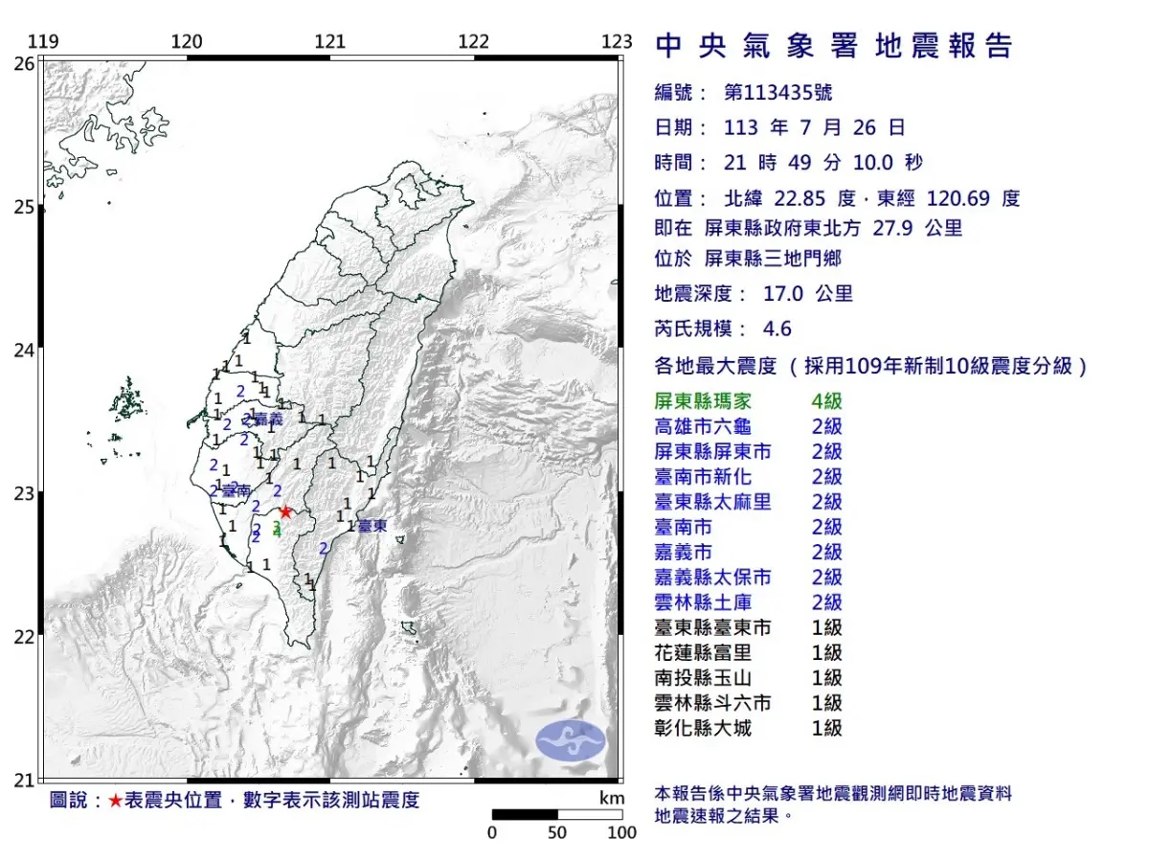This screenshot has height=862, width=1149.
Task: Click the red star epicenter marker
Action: pos(284,511)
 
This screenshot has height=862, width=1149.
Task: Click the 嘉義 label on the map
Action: pos(267,420)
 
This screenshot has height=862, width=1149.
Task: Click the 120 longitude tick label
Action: pos(186,41)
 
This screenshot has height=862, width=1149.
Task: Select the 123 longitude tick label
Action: pos(618,41)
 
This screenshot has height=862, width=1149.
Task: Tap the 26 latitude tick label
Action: pos(25,64)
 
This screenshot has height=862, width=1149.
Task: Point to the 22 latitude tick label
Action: pos(25,637)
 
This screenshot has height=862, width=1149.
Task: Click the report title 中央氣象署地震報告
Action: pos(834,46)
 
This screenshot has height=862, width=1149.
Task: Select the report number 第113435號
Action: pos(777,93)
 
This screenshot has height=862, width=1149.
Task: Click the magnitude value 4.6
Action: pos(777,329)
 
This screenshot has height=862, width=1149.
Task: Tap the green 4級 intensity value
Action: pos(826,401)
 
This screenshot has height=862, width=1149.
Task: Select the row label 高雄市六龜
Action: pos(702,426)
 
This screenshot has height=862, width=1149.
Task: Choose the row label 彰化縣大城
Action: pos(702,728)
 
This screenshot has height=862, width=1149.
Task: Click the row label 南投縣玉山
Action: pos(702,678)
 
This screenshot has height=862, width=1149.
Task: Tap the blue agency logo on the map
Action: pos(570,740)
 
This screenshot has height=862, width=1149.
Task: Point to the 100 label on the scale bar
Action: pos(621,832)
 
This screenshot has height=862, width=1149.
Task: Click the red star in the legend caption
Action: pos(115,801)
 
